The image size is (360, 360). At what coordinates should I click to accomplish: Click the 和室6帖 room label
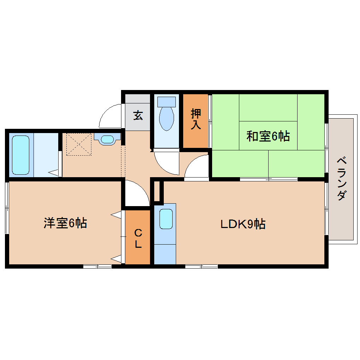(x=268, y=136)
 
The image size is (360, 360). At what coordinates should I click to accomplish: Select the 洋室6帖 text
(x=65, y=223)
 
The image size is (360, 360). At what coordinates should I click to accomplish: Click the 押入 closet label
(x=196, y=119)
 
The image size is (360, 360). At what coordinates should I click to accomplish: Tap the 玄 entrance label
(x=138, y=115)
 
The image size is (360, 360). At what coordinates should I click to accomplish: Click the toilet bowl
(x=167, y=118)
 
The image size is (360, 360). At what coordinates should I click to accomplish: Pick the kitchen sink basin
(x=166, y=219)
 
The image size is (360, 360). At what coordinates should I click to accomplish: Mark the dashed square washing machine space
(x=79, y=144)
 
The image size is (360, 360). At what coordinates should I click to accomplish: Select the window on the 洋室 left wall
(x=7, y=208)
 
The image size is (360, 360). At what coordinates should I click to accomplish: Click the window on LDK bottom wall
(x=201, y=266)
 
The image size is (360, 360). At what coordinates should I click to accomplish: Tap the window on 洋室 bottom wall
(x=97, y=266)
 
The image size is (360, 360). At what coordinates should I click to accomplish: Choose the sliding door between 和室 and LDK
(x=268, y=179)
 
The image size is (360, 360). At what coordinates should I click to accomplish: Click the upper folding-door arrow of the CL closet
(x=116, y=214)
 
